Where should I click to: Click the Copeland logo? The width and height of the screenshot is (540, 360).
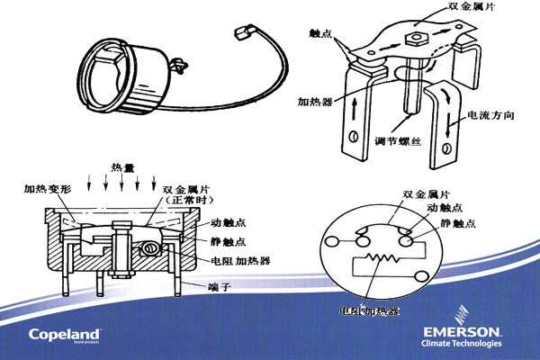(68, 333)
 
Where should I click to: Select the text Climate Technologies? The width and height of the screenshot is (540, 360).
(463, 345)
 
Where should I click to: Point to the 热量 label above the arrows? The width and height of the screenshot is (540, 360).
(123, 167)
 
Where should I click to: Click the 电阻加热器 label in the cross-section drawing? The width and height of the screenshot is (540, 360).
(240, 260)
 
